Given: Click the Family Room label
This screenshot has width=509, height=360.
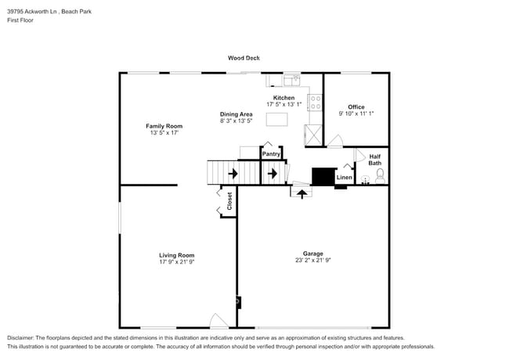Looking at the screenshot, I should pos(164,126).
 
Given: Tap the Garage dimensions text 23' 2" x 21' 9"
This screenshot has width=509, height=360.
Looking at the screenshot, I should pos(312,261).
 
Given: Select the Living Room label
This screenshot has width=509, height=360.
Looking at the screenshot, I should pos(176,255).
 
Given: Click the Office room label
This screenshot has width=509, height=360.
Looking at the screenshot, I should pos(356,107).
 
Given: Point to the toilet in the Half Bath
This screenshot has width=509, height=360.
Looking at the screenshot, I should pos(380,175).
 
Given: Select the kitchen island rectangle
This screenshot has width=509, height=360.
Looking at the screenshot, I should pos(277,119).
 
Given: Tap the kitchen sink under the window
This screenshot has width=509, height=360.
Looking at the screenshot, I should pos(291,79).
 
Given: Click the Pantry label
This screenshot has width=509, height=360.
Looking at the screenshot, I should pos(271,154).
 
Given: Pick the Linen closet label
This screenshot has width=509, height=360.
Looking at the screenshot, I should pos(344,178).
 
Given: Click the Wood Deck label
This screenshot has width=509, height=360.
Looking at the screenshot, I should pos(244,58).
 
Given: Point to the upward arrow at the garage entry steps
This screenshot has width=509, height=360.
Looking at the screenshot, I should pos(301,193).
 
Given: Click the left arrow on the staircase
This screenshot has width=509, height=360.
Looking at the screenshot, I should pos(233,173).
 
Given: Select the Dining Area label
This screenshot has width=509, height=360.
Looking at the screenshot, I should pos(236,114).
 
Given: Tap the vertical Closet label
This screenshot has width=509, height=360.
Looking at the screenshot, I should pos(230,200).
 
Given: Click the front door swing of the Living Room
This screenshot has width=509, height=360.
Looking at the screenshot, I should pos(219,321).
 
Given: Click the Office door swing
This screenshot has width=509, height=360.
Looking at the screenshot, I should pos(335,142).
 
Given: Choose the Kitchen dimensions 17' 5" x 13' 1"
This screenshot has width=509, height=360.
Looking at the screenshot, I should pos(283,105).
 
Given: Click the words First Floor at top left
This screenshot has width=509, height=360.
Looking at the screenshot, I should pos(20,20).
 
